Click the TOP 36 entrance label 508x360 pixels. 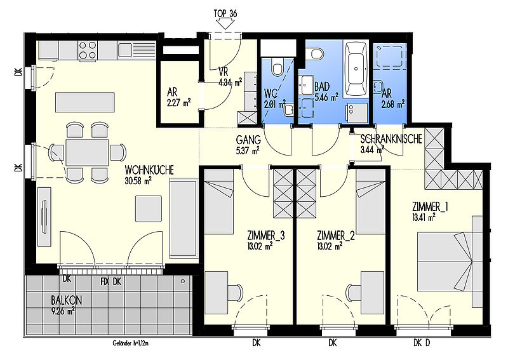click(225, 13)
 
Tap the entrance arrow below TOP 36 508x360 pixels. click(225, 24)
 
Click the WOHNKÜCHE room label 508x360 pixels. click(149, 170)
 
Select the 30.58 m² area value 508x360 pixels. click(138, 181)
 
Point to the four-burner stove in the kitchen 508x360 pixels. click(88, 50)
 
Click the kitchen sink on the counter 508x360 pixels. click(125, 50)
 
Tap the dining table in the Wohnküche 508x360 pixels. click(87, 152)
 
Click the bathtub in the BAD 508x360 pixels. click(356, 69)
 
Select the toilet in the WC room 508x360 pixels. click(277, 67)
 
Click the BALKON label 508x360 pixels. click(67, 300)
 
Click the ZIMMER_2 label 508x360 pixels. click(336, 236)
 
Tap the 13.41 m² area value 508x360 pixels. click(424, 217)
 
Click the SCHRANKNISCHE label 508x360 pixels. click(391, 139)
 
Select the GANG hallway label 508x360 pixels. click(248, 140)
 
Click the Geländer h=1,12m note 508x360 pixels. click(131, 343)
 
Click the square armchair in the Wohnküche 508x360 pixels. click(149, 209)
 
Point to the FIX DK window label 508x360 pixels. click(110, 281)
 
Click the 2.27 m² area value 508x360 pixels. click(179, 103)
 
